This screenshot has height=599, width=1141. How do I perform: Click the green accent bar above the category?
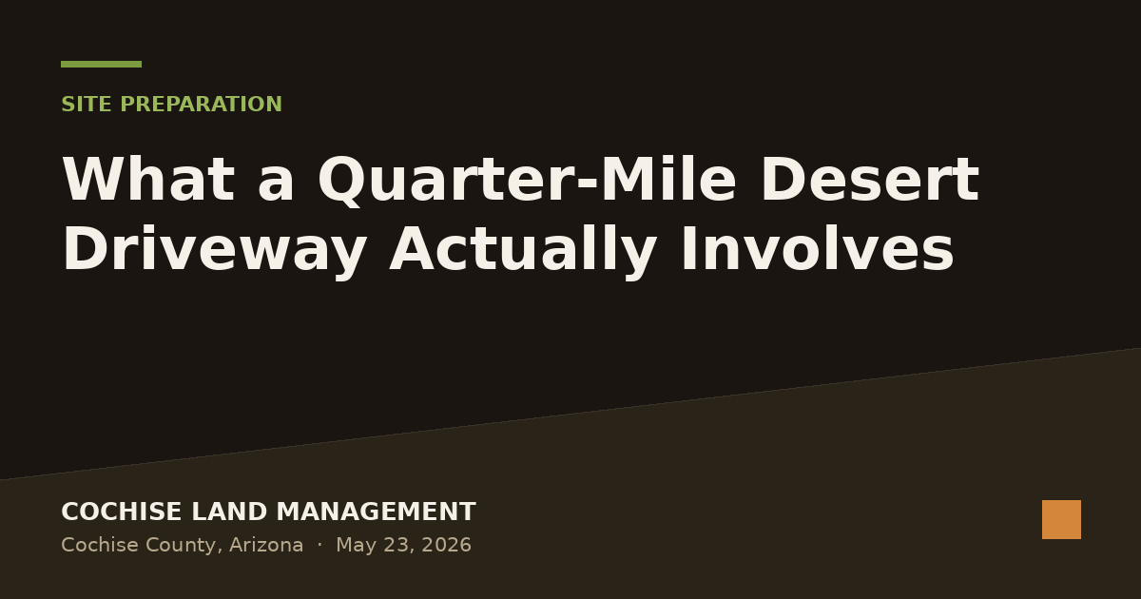click(102, 65)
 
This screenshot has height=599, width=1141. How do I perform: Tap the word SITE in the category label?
click(87, 105)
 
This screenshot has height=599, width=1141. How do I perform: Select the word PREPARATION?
click(202, 105)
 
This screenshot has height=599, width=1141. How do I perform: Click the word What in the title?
click(148, 179)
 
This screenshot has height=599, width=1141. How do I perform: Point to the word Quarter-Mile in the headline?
click(527, 181)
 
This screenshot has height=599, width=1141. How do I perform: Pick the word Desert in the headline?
click(869, 179)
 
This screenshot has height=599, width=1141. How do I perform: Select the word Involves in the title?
click(817, 248)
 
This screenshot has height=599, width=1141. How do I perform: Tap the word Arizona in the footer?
click(266, 545)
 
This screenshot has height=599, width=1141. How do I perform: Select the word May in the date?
click(356, 546)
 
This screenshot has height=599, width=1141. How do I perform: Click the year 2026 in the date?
click(446, 545)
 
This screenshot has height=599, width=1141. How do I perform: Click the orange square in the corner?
click(1061, 519)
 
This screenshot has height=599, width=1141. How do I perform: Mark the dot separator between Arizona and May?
click(319, 545)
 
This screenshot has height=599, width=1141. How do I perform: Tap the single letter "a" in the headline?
click(276, 184)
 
